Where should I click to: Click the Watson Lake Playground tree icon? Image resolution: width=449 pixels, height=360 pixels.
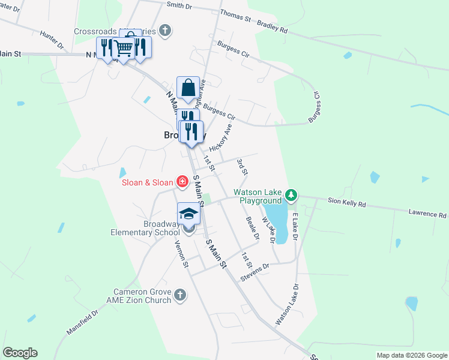[x=291, y=195]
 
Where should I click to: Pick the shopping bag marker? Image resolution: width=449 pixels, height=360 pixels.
[x=188, y=88]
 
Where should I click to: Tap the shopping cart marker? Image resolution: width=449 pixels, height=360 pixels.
[x=124, y=48]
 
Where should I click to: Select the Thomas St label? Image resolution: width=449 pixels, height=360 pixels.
[x=235, y=16]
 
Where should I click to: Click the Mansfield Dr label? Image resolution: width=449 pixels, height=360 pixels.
[x=82, y=322]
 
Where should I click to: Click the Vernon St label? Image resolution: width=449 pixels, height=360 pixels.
[x=181, y=254]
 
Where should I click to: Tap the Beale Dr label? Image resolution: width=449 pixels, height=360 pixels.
[x=252, y=229]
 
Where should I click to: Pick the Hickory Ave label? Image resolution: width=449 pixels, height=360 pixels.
[x=220, y=139]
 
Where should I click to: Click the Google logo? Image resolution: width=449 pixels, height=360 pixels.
[x=20, y=353]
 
